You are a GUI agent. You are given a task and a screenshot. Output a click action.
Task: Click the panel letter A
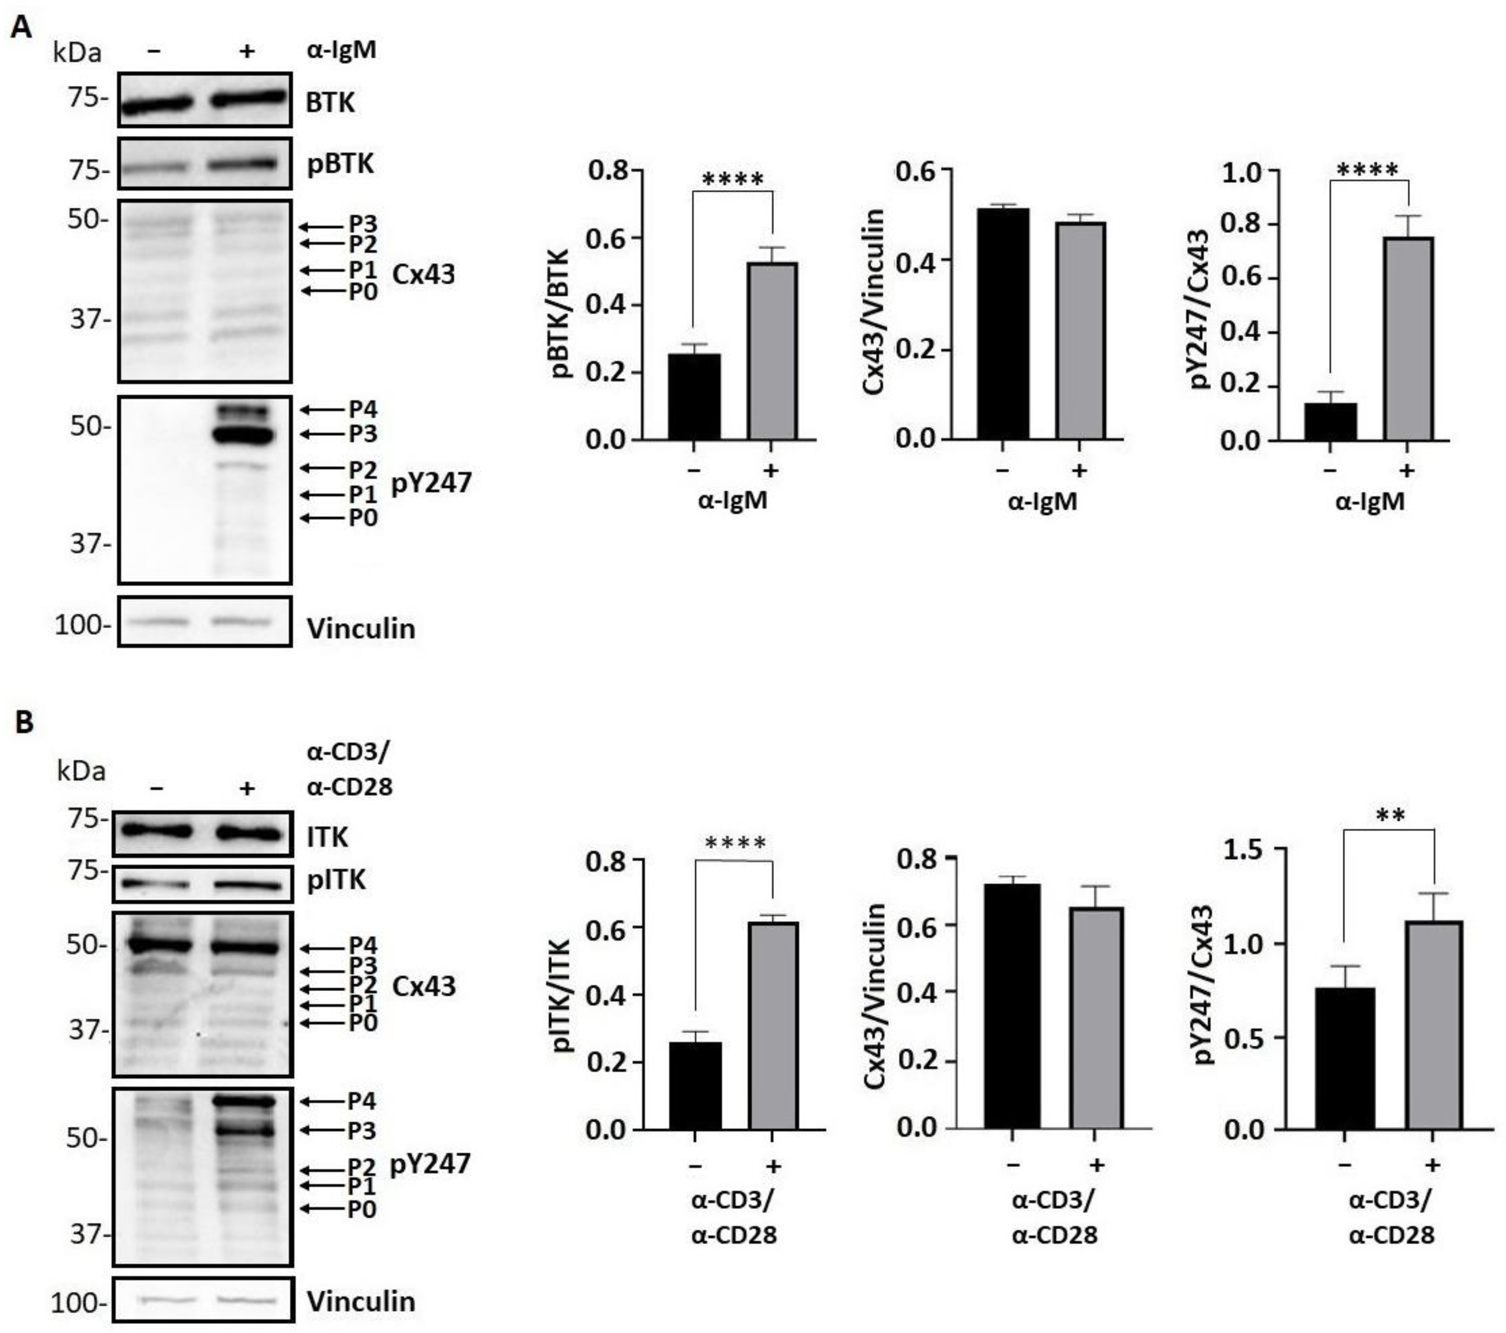tap(22, 28)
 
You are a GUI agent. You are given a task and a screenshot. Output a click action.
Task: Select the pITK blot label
tap(336, 880)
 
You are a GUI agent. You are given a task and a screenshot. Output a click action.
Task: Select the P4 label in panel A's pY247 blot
tap(362, 409)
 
